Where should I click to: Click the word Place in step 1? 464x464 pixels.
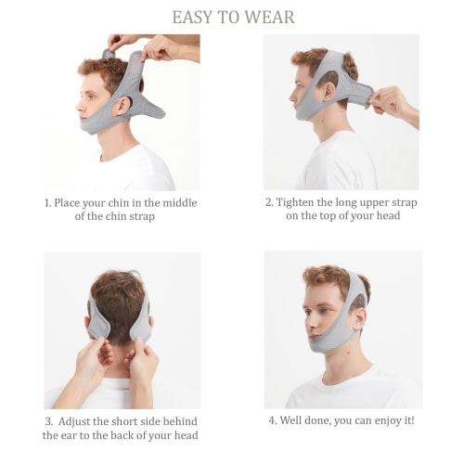72,202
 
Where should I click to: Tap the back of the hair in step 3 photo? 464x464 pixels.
118,302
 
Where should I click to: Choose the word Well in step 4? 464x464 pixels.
295,419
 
